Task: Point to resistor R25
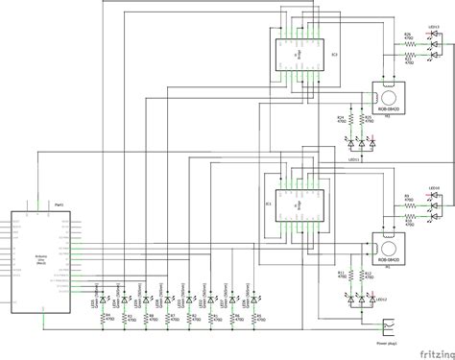pos(365,122)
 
